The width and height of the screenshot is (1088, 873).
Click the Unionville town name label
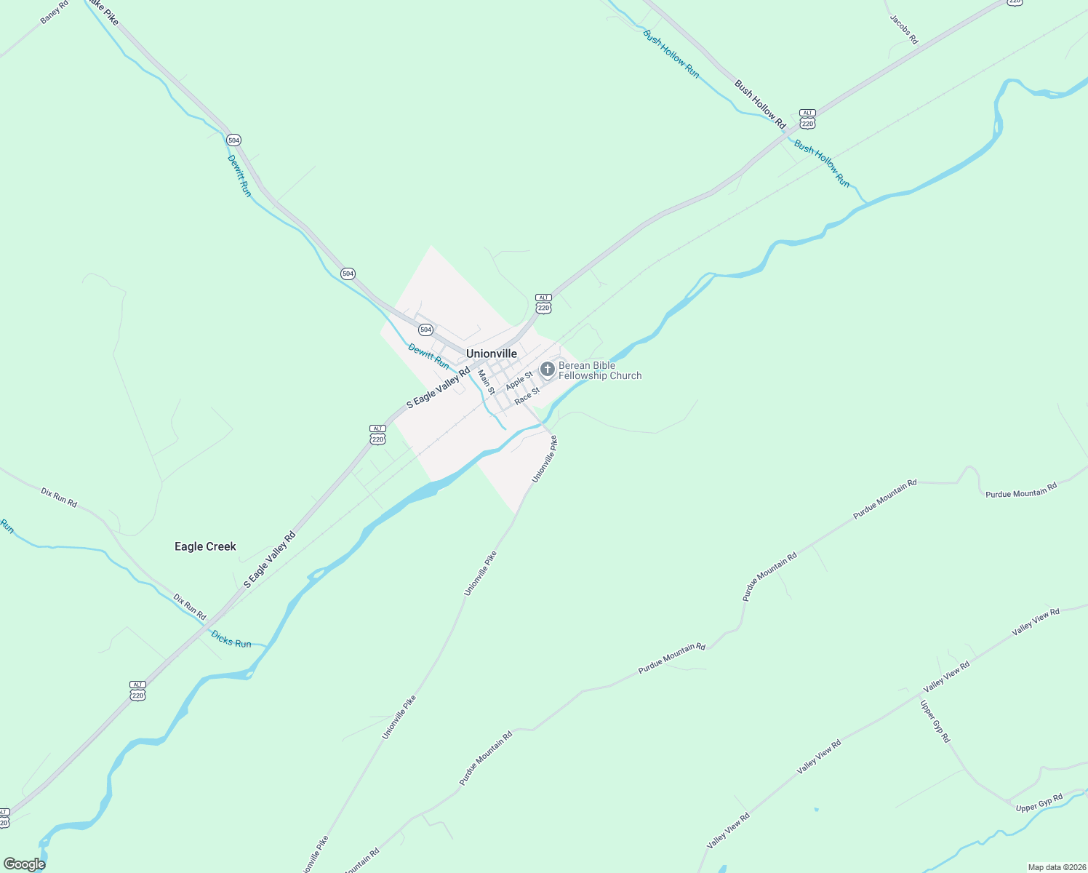point(492,354)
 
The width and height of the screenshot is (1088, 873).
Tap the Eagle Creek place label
point(205,546)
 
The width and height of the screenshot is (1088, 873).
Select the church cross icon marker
point(548,370)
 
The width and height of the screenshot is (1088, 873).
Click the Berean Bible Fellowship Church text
point(600,370)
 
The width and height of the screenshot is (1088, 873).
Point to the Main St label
point(487,381)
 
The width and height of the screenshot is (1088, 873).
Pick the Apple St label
point(519,380)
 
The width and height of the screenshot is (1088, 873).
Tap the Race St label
point(527,396)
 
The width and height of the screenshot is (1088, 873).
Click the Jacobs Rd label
point(904,29)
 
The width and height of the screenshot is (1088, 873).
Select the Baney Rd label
point(55,12)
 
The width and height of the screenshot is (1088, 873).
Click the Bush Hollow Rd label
point(760,104)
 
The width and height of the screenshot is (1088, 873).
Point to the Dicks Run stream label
point(231,639)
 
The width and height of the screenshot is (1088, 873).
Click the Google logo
point(24,864)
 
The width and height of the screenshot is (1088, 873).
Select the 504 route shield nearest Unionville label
point(425,330)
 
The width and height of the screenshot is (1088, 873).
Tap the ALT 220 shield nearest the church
point(543,303)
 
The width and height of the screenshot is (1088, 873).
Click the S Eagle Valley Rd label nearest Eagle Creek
point(269,560)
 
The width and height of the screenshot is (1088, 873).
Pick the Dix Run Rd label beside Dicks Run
point(190,607)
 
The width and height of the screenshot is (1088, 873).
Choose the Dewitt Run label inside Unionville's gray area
point(428,356)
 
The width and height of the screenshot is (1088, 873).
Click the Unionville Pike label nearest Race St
point(544,459)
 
